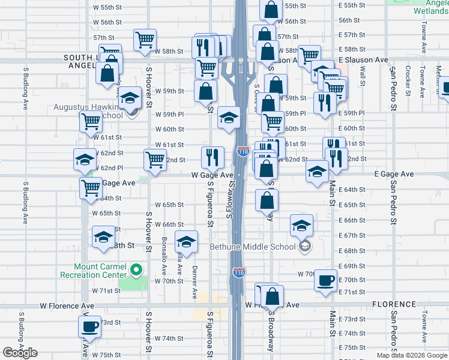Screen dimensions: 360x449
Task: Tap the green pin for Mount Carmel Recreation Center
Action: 136,270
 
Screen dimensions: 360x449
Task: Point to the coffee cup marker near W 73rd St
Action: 90,327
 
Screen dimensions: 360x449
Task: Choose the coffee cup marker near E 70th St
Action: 325,280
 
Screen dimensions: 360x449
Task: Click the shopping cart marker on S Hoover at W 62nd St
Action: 155,160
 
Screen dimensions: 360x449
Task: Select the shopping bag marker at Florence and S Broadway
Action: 272,296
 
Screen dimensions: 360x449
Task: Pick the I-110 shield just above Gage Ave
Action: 243,152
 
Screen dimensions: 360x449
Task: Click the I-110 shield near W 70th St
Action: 239,272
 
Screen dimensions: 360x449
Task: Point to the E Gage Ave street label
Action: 394,174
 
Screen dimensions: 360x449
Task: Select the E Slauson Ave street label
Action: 363,60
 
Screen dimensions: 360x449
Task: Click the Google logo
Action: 19,353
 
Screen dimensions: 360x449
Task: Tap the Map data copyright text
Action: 411,355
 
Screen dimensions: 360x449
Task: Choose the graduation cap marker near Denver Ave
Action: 186,242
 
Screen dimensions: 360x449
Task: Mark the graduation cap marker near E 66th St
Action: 301,226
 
